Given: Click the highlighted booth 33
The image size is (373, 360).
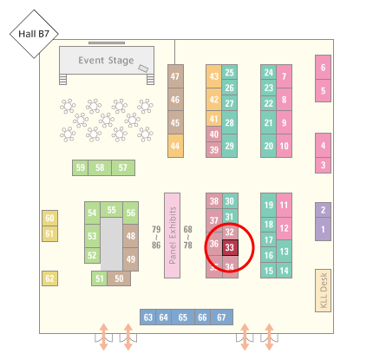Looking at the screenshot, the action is click(x=230, y=247).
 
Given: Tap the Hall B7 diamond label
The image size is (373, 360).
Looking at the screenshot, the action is click(x=34, y=34).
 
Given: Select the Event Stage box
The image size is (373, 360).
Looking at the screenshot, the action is click(x=107, y=60).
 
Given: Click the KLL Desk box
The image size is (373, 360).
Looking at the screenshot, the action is click(x=323, y=291).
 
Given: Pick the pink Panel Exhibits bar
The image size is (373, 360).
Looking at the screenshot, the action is click(x=172, y=235).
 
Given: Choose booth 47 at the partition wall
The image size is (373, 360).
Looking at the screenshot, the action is click(x=175, y=76).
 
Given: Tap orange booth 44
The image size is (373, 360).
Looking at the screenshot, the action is click(x=175, y=146).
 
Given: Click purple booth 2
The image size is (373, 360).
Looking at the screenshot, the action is click(x=323, y=210).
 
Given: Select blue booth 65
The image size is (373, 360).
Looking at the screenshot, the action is click(x=183, y=317).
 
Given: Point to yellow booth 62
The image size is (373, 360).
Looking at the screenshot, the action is click(x=49, y=278).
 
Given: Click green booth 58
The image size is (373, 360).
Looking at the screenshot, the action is click(x=100, y=167).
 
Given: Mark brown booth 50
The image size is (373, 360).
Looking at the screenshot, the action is click(x=119, y=278).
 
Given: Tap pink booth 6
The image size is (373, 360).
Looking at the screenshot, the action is click(x=323, y=68).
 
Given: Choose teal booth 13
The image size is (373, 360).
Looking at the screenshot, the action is click(x=285, y=251).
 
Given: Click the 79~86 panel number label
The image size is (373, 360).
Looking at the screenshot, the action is click(x=156, y=237).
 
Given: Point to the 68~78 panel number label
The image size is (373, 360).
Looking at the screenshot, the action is click(x=188, y=237).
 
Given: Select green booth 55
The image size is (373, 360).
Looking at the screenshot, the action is click(x=112, y=210).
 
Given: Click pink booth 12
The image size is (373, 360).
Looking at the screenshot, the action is click(x=285, y=228).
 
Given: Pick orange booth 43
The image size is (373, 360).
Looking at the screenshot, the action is click(x=214, y=76).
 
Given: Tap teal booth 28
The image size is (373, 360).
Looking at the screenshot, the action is click(x=230, y=122).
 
